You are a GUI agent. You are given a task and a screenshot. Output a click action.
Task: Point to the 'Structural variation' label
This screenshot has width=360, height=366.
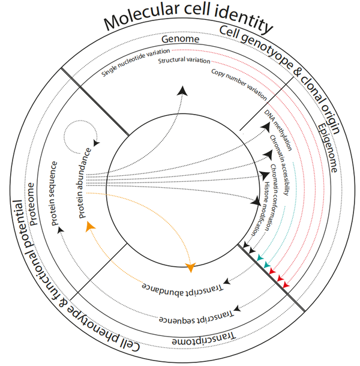coord(184,61)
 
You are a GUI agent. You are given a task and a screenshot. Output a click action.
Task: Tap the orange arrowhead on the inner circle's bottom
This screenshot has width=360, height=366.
coord(191,268)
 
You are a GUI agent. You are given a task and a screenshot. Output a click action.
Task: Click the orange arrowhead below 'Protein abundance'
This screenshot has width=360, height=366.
coord(90,226)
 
